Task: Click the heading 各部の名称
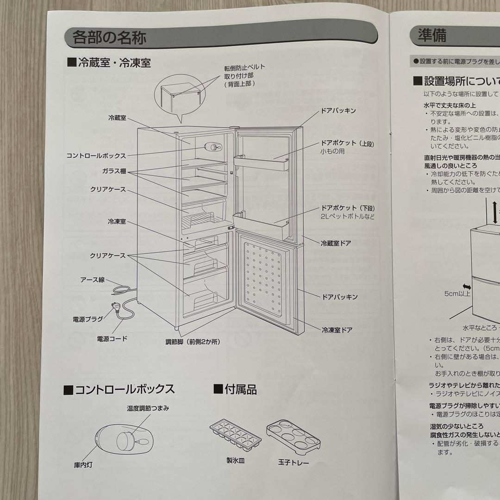coord(109,37)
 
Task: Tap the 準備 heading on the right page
coord(432,36)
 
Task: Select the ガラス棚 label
coord(114,171)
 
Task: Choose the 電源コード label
coord(112,338)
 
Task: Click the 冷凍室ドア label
coord(337,330)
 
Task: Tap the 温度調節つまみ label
coord(148,408)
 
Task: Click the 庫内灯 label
coord(83,464)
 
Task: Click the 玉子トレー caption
coord(294,462)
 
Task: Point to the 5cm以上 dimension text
coord(457,294)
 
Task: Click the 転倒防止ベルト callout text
coord(245,67)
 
